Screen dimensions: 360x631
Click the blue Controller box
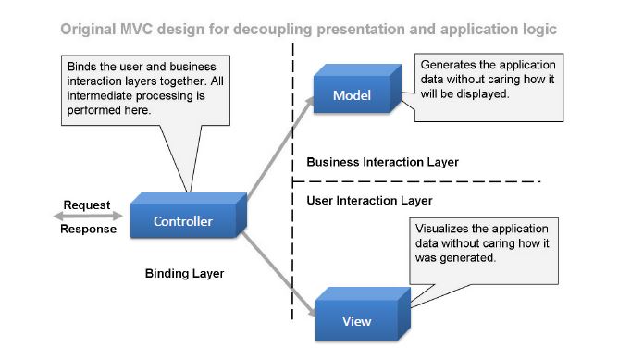[x=183, y=221]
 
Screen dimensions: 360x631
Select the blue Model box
[x=352, y=95]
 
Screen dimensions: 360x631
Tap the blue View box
[x=356, y=320]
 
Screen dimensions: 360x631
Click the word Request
[x=86, y=205]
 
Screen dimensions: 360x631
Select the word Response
[x=88, y=230]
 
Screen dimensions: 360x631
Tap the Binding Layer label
[x=184, y=274]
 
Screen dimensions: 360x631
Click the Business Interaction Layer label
[x=382, y=162]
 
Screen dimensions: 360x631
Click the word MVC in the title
[x=137, y=29]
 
